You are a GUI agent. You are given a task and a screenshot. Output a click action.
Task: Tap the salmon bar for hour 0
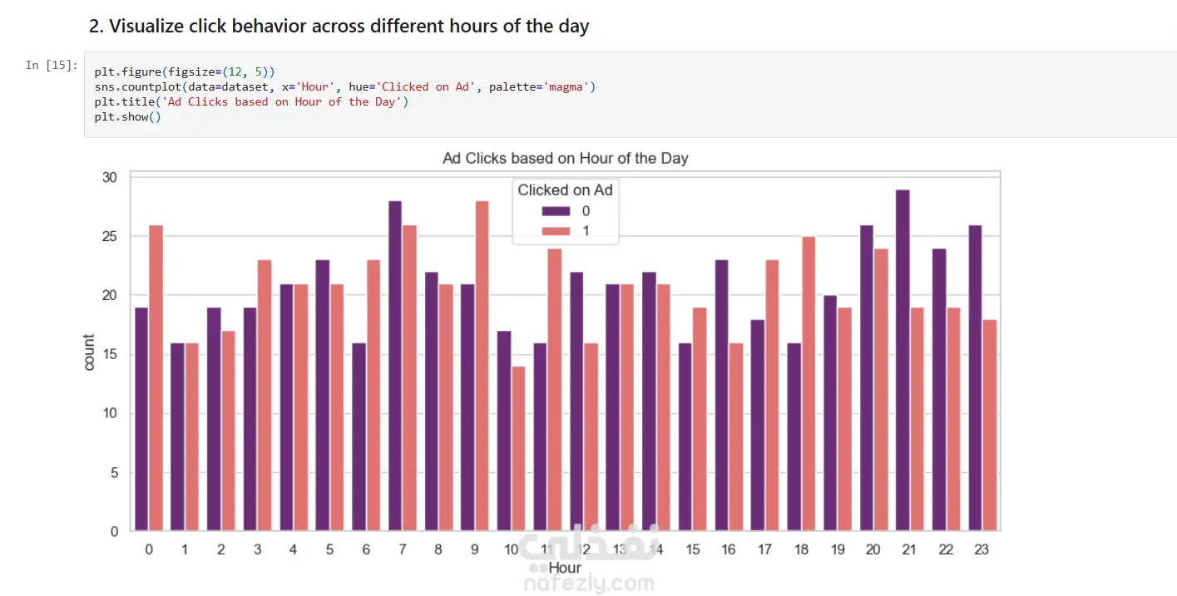[156, 377]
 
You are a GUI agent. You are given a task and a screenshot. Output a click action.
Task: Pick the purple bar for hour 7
[394, 366]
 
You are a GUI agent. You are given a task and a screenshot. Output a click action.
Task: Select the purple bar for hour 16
[721, 396]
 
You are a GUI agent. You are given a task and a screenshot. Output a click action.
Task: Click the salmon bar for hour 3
[265, 396]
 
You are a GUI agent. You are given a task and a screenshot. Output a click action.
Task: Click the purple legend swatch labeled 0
[555, 211]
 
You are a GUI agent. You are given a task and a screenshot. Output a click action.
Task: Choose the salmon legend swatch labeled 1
[555, 230]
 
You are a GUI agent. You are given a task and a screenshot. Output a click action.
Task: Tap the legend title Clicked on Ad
[565, 190]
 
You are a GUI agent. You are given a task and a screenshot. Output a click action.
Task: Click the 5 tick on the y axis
[115, 473]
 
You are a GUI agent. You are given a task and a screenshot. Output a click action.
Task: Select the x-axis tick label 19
[837, 549]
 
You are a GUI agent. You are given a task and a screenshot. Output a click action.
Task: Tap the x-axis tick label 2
[220, 549]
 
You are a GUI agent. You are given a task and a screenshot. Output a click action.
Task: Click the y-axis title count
[89, 352]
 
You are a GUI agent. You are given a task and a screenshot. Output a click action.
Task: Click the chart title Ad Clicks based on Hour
[565, 158]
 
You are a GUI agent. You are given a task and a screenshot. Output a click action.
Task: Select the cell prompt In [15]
[52, 65]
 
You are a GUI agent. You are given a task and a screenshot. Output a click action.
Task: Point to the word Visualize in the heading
[146, 26]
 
